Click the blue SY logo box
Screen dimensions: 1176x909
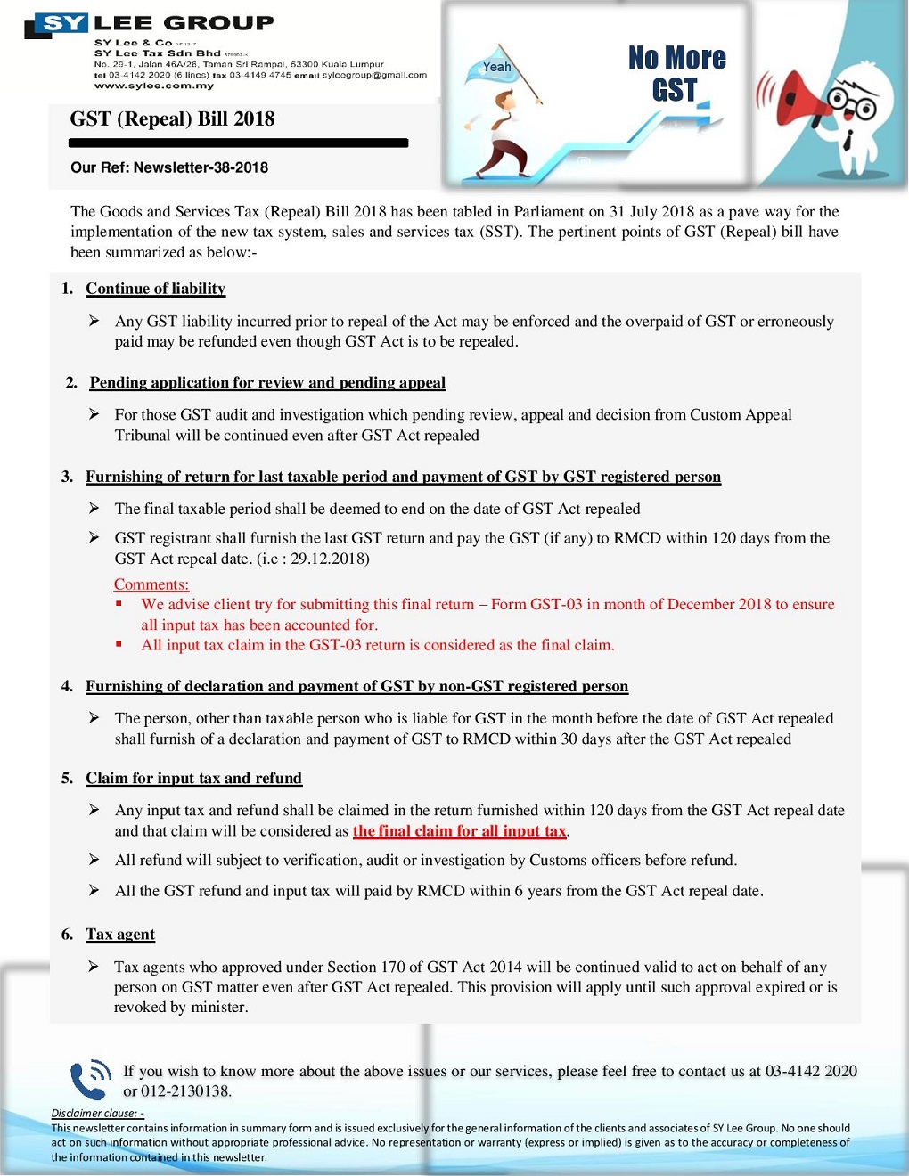[x=62, y=23]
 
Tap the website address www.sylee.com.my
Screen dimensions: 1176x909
[x=154, y=86]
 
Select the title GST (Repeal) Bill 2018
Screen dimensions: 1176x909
[x=172, y=119]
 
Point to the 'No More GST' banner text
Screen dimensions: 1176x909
[x=676, y=74]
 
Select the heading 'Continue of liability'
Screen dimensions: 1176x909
[x=155, y=289]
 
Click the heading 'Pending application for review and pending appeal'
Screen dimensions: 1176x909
[x=267, y=382]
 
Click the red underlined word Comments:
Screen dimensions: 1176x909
[x=151, y=584]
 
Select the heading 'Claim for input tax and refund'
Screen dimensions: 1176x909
[x=193, y=778]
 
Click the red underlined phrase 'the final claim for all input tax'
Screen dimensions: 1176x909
[x=460, y=831]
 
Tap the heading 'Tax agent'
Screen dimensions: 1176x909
[x=120, y=934]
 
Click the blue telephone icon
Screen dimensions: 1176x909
[x=90, y=1079]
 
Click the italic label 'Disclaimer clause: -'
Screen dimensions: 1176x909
[x=97, y=1113]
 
